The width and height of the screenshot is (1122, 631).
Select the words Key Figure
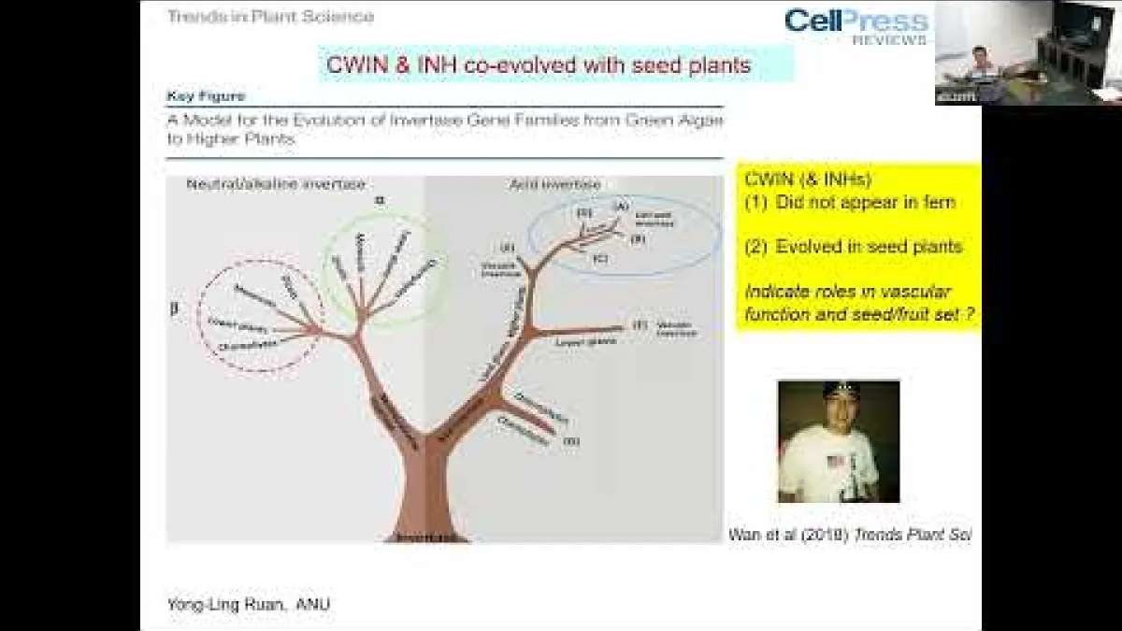pyautogui.click(x=206, y=96)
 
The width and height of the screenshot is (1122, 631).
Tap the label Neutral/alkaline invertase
pyautogui.click(x=276, y=184)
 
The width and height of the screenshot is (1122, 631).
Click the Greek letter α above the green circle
pyautogui.click(x=379, y=200)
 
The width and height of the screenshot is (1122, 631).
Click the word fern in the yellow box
pyautogui.click(x=937, y=202)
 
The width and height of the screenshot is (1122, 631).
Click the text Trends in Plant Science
pyautogui.click(x=270, y=16)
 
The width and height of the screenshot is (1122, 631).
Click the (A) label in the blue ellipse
pyautogui.click(x=621, y=207)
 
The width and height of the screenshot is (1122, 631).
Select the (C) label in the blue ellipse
pyautogui.click(x=599, y=257)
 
